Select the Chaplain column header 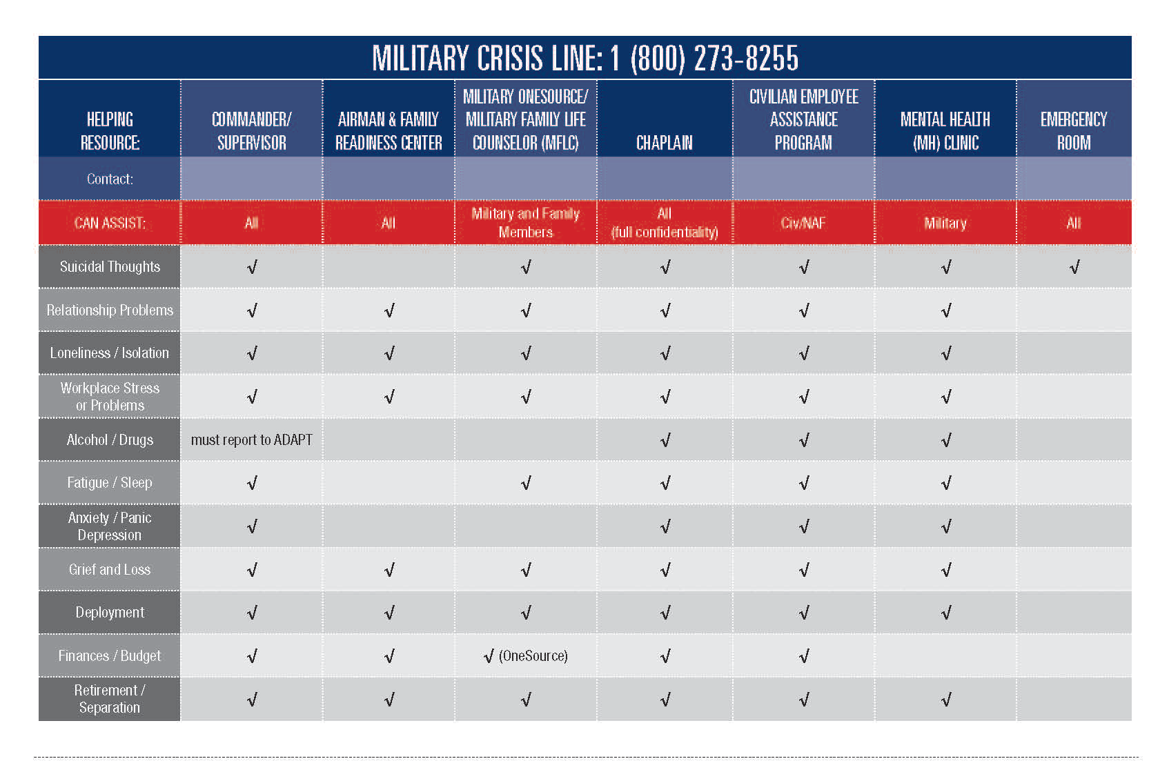664,143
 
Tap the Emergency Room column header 1073,131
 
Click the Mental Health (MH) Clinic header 945,131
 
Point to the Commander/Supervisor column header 251,131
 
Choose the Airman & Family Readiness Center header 389,131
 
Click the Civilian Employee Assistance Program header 803,119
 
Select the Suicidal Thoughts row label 110,267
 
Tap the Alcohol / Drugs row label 110,440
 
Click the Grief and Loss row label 110,570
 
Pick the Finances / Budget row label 110,656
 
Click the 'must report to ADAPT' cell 251,440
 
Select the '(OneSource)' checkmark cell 526,656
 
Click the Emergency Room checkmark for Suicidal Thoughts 1074,268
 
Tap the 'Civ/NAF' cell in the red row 803,223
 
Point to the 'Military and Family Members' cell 526,223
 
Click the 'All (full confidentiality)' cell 664,223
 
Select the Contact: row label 110,179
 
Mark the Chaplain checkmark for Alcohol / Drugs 665,440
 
